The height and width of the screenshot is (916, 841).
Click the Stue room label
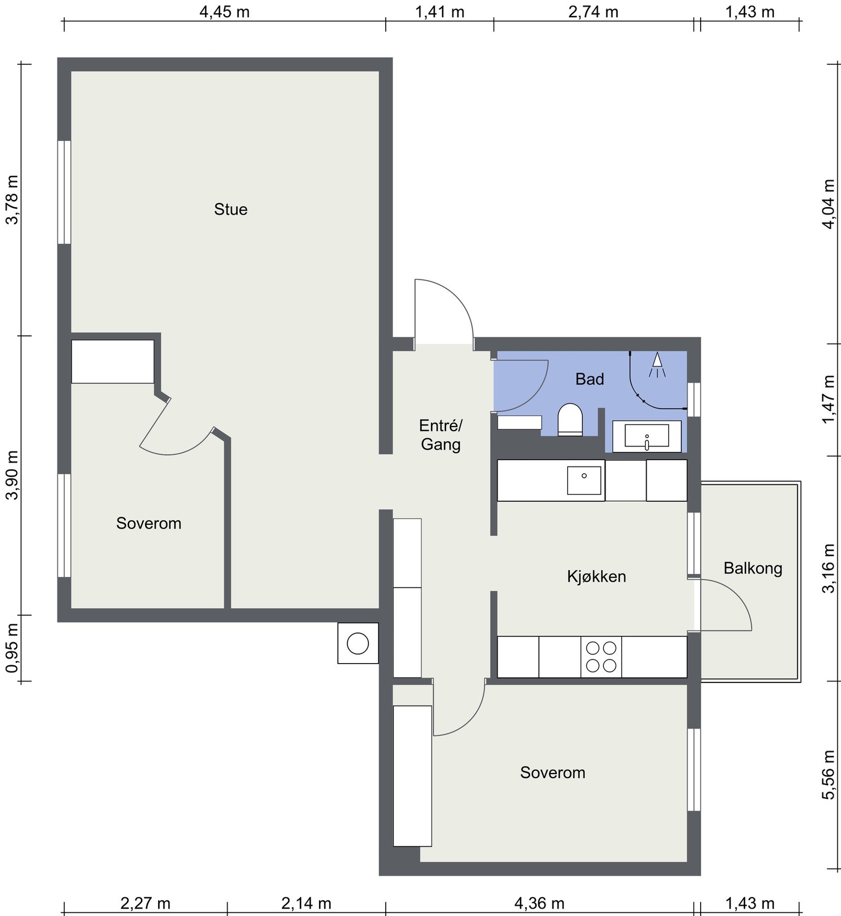click(x=231, y=209)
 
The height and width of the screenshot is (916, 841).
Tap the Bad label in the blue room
click(x=590, y=379)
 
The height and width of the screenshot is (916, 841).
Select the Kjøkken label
click(x=597, y=576)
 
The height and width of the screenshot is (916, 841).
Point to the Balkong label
click(x=753, y=568)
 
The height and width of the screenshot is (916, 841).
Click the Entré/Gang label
click(x=440, y=434)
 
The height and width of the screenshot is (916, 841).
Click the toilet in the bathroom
click(x=570, y=420)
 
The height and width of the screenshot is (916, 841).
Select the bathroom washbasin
click(x=647, y=436)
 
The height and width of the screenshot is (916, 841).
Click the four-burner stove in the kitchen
click(x=601, y=657)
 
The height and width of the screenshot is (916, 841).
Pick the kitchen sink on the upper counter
click(x=584, y=480)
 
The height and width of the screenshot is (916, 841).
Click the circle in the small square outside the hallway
click(x=358, y=644)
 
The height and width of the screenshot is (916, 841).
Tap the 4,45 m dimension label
click(x=224, y=12)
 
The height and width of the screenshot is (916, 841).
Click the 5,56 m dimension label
click(x=829, y=775)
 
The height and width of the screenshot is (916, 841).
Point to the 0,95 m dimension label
click(x=12, y=648)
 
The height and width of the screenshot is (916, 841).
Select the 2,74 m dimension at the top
click(x=593, y=12)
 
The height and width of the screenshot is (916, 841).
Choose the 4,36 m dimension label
click(x=539, y=903)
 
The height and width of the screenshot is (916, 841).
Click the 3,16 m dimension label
click(x=829, y=568)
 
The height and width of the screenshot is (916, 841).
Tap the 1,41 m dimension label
click(x=440, y=12)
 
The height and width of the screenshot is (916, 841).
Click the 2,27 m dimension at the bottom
click(x=146, y=903)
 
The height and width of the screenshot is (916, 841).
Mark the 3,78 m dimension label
click(x=12, y=200)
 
